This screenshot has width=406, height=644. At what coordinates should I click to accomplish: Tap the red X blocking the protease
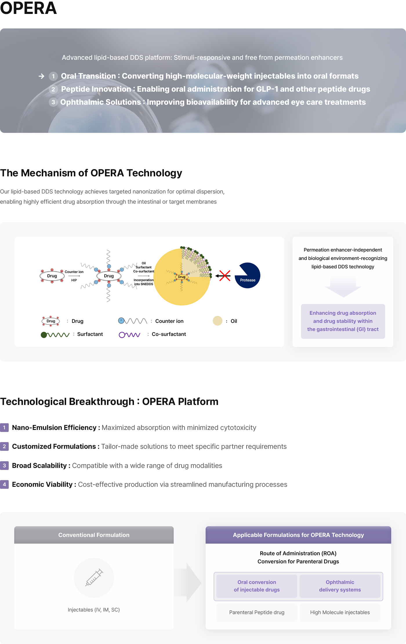(225, 276)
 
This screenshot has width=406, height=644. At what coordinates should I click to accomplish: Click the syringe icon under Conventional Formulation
(94, 577)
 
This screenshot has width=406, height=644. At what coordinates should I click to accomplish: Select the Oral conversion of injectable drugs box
(257, 586)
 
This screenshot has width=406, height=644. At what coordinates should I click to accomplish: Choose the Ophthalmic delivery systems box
(340, 586)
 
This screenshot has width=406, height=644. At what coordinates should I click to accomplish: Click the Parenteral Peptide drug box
(257, 612)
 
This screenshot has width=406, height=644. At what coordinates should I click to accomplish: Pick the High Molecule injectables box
(340, 612)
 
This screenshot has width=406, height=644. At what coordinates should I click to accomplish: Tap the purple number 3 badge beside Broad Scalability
(4, 466)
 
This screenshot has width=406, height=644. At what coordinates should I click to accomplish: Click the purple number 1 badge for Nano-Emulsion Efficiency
(4, 428)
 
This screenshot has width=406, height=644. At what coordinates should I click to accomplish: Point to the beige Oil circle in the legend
(217, 321)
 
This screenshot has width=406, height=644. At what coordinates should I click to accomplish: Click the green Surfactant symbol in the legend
(55, 335)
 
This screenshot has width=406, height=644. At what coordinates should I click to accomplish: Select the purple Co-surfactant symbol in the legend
(130, 335)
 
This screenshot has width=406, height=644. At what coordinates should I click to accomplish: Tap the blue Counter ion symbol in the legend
(133, 321)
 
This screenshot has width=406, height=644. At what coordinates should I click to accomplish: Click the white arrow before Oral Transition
(41, 76)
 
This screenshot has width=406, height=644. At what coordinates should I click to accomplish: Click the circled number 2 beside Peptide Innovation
(53, 89)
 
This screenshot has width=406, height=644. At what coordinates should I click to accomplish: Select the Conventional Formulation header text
(94, 535)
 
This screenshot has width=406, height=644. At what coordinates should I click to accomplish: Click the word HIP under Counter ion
(74, 280)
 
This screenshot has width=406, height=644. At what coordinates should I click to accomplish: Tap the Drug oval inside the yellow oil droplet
(182, 277)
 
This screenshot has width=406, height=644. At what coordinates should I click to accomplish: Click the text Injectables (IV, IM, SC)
(94, 610)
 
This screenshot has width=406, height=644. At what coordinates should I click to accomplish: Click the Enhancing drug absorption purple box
(343, 321)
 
